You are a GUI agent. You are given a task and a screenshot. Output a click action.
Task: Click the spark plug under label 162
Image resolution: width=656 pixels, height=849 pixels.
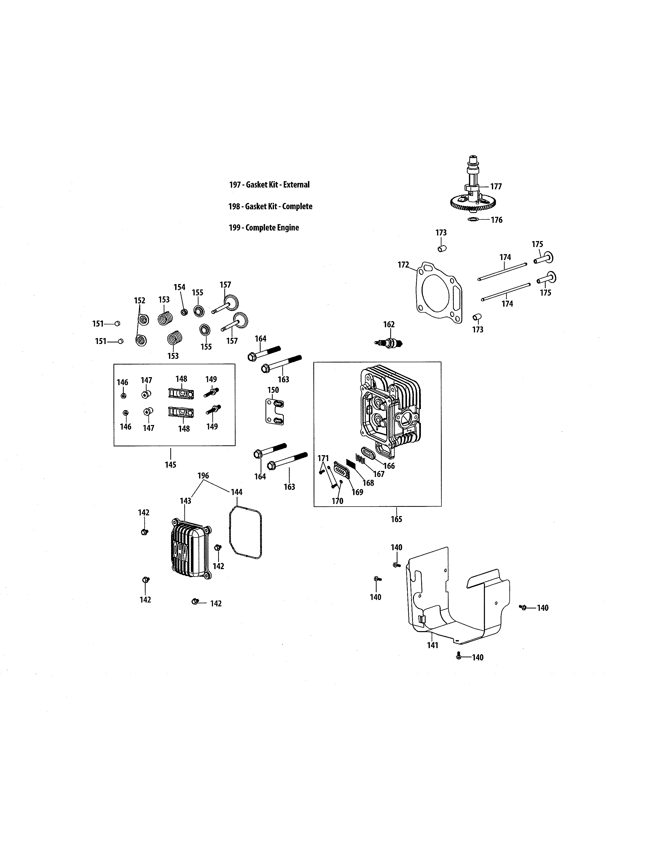click(389, 343)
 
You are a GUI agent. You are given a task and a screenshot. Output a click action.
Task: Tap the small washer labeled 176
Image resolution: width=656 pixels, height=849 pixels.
click(473, 220)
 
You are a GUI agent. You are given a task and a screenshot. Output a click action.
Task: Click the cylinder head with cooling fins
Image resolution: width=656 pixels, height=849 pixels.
click(391, 410)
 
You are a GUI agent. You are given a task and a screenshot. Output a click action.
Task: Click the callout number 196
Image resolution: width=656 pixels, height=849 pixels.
click(203, 475)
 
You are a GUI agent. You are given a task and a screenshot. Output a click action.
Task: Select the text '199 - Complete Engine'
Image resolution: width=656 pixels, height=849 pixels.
click(263, 228)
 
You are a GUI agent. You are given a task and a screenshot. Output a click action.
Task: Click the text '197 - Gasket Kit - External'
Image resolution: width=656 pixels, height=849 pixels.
click(269, 185)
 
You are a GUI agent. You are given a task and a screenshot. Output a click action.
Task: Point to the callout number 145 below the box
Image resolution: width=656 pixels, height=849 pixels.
click(170, 465)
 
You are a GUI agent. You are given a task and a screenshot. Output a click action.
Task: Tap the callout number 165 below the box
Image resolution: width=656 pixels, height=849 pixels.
click(396, 519)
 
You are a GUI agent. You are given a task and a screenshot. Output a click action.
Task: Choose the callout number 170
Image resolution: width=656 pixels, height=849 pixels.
click(337, 501)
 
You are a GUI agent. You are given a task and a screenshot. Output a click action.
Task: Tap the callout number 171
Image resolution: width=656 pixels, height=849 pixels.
click(323, 458)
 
